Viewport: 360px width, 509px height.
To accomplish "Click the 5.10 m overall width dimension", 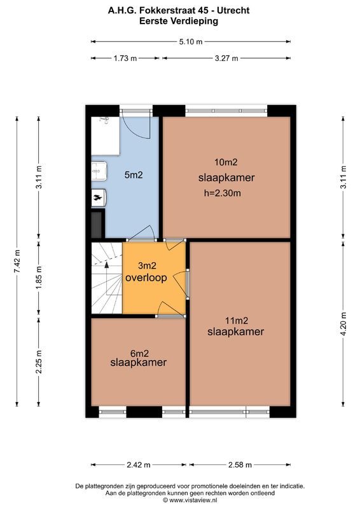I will click(x=190, y=42).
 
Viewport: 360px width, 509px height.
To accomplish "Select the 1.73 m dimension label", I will click(x=125, y=58).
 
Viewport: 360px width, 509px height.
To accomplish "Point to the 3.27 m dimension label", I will click(x=226, y=58).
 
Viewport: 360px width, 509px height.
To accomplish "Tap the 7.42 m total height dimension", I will click(x=18, y=260).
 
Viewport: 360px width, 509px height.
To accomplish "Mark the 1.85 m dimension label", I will click(x=39, y=278).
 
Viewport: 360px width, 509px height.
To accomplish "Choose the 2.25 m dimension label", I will click(x=39, y=362).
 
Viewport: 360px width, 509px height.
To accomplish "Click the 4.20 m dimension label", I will click(x=343, y=323).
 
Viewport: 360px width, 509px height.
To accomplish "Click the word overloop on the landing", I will click(x=146, y=279).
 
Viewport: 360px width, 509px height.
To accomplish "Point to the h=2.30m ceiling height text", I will click(x=222, y=193).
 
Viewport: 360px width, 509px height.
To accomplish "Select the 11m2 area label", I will click(x=235, y=320).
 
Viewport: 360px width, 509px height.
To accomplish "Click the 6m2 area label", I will click(x=139, y=352).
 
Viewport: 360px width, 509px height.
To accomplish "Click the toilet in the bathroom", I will click(x=99, y=198).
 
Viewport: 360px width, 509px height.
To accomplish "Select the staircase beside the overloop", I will click(x=106, y=278).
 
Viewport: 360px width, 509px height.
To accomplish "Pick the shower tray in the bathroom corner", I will click(x=104, y=136).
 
